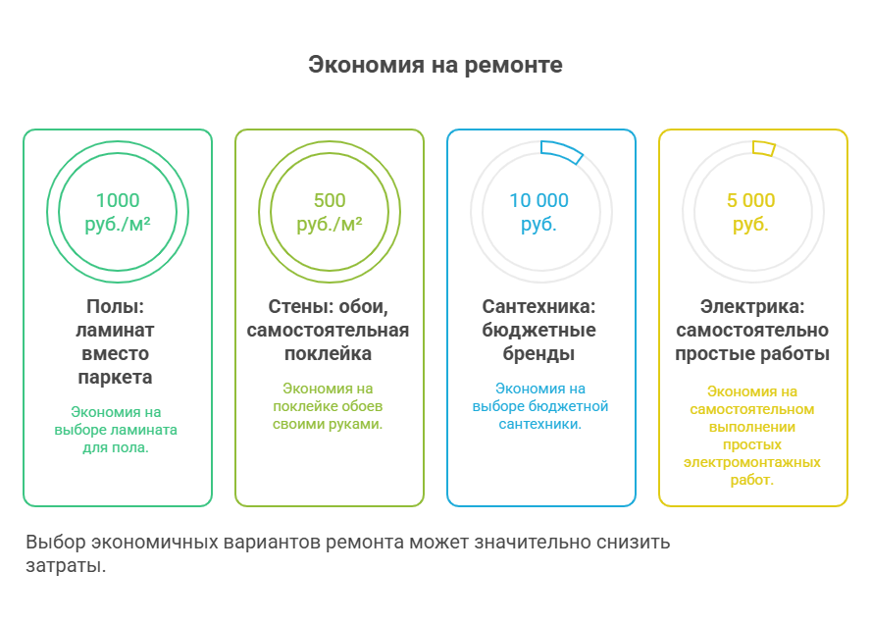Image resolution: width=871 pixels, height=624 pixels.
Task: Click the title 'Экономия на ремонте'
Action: [x=435, y=66]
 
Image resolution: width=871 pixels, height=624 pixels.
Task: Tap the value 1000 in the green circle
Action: [x=117, y=200]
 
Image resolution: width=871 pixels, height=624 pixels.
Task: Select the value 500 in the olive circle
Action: [x=329, y=200]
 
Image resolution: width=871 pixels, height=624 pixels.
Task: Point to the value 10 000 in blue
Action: [x=538, y=200]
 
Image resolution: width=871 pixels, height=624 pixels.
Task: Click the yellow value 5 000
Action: [x=750, y=200]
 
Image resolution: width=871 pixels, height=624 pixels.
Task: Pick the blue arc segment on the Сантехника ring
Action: [x=562, y=148]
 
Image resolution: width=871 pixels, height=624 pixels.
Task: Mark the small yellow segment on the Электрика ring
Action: [x=763, y=148]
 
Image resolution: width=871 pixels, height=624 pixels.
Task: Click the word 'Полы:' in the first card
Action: [x=116, y=306]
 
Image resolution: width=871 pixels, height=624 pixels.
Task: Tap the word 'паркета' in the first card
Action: [x=116, y=377]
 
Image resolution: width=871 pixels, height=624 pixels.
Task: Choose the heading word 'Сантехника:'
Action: [x=538, y=306]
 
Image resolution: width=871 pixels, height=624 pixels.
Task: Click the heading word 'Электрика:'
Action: [x=751, y=306]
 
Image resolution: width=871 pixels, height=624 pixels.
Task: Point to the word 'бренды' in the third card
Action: [x=540, y=353]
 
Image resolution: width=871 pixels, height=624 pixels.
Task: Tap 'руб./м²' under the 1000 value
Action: [x=117, y=225]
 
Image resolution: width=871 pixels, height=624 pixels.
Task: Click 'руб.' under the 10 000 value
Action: [x=538, y=225]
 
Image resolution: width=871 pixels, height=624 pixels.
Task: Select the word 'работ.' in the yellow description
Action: [x=751, y=480]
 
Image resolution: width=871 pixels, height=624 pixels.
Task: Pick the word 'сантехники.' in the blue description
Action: [x=540, y=424]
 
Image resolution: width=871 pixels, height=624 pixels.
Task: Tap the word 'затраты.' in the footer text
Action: [x=65, y=567]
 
